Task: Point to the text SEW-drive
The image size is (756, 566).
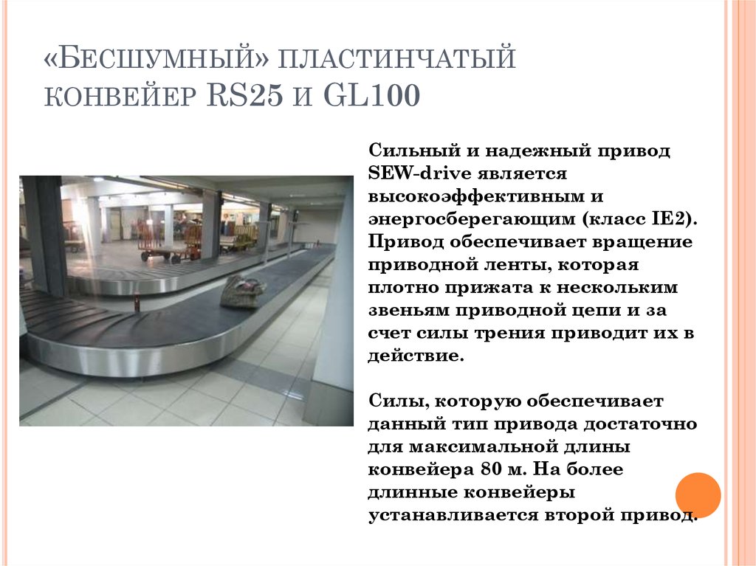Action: pyautogui.click(x=417, y=173)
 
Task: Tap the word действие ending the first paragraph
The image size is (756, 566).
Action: pyautogui.click(x=416, y=355)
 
